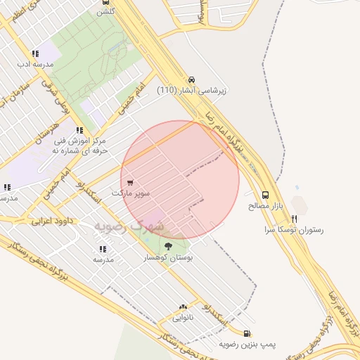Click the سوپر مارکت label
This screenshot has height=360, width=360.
tap(130, 193)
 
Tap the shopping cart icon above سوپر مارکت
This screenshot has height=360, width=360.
tap(130, 183)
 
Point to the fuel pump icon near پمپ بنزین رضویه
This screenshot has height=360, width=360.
tap(246, 334)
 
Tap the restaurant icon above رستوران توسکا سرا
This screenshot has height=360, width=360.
tap(294, 219)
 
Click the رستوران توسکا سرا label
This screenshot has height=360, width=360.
tap(294, 230)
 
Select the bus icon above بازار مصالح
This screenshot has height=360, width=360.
tap(265, 195)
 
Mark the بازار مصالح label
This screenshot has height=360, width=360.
tap(265, 206)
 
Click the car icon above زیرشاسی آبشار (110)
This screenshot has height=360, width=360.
tap(192, 79)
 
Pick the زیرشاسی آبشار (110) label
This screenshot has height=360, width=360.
tap(192, 90)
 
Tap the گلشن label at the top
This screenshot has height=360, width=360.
tap(105, 11)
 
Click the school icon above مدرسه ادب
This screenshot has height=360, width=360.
tap(35, 53)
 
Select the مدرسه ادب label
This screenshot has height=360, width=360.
tap(35, 64)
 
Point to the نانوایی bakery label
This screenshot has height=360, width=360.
tap(184, 317)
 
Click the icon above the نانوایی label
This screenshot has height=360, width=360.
tap(184, 307)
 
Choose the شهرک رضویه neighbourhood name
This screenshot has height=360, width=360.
tap(128, 226)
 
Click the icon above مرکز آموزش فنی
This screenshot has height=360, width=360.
tap(79, 130)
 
